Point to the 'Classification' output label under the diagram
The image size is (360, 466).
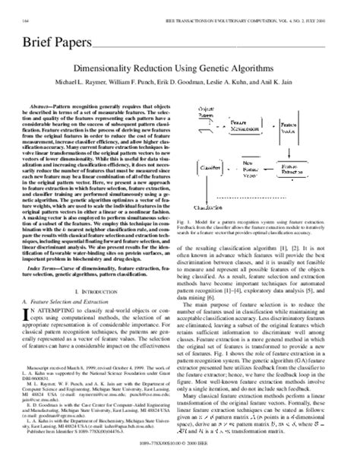(x=223, y=205)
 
